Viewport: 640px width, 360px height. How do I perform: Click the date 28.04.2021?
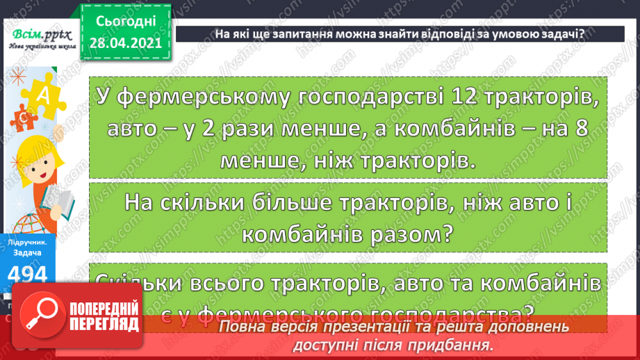[125, 44]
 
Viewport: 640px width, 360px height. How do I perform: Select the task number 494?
[30, 275]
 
